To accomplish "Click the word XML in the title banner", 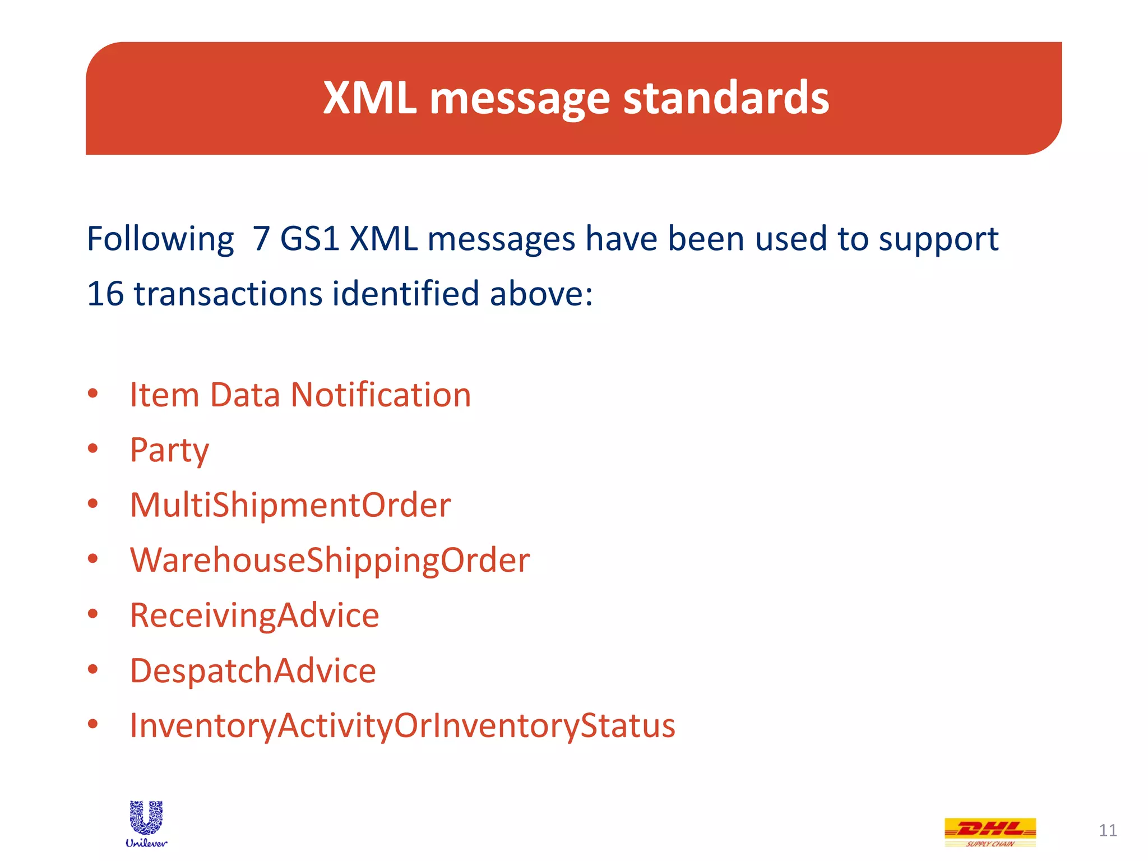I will click(369, 98).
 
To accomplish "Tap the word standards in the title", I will click(726, 98).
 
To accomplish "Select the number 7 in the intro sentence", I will click(261, 239).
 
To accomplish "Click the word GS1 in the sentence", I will click(310, 239).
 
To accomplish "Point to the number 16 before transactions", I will click(105, 294).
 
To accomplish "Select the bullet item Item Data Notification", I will click(300, 395).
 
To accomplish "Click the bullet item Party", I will click(169, 450).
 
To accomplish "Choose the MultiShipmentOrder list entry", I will click(290, 505).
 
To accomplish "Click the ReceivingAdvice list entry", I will click(254, 615).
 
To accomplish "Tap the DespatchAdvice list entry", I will click(253, 670).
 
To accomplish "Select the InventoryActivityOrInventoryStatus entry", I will click(402, 725).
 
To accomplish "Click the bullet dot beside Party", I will click(93, 448).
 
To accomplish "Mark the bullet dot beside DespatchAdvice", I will click(93, 669).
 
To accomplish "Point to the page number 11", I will click(1108, 830).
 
